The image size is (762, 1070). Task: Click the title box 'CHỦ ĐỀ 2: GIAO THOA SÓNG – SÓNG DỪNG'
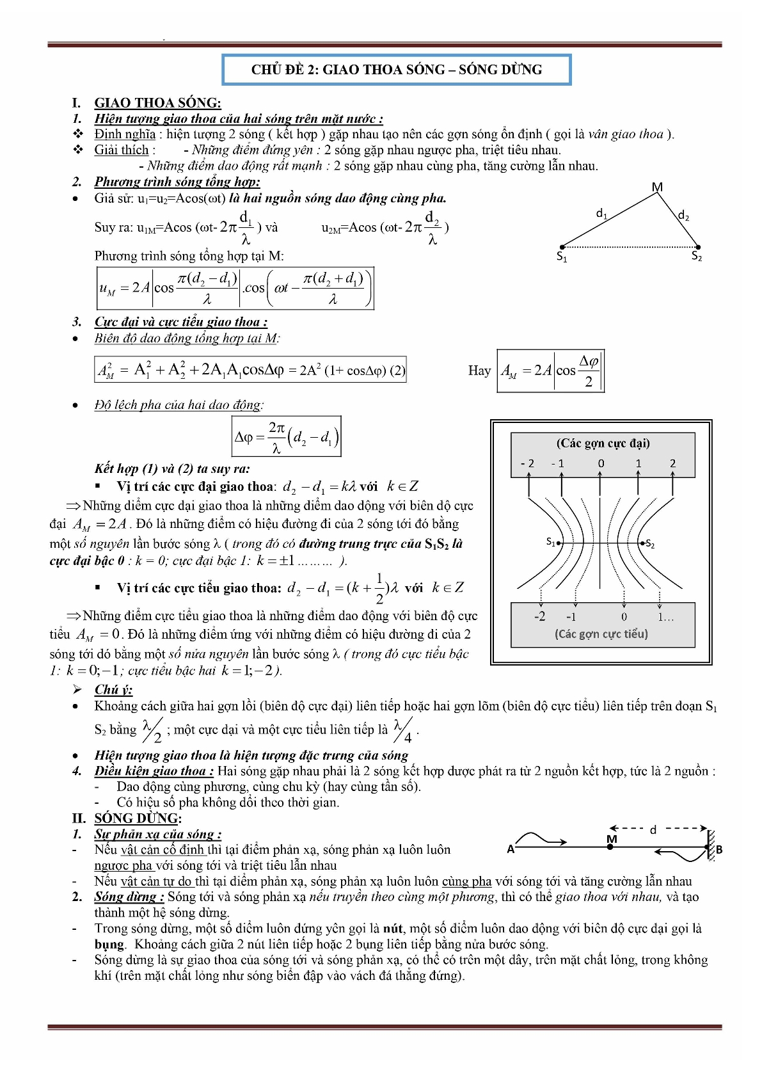click(396, 70)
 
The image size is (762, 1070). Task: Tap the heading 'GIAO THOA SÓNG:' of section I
click(157, 102)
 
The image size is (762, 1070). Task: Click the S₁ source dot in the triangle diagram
click(562, 247)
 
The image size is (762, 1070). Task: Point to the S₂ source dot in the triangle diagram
click(698, 247)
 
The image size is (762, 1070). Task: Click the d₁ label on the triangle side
click(601, 213)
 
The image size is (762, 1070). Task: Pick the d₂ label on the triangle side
click(683, 215)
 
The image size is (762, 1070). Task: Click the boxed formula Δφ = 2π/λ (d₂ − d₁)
click(286, 436)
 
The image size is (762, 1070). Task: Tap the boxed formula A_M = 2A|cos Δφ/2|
click(550, 371)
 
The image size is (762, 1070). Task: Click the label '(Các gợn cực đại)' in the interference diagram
click(603, 443)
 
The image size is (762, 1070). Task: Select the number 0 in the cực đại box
click(601, 463)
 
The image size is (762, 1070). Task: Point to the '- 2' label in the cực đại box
click(528, 463)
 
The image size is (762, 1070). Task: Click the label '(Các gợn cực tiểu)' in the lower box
click(601, 634)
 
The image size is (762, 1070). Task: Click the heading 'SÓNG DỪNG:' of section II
click(138, 818)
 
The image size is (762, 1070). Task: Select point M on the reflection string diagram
click(610, 847)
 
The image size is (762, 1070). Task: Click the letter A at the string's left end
click(511, 849)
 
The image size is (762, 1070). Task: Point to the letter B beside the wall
click(719, 850)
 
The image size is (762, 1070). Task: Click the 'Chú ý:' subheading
click(113, 689)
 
